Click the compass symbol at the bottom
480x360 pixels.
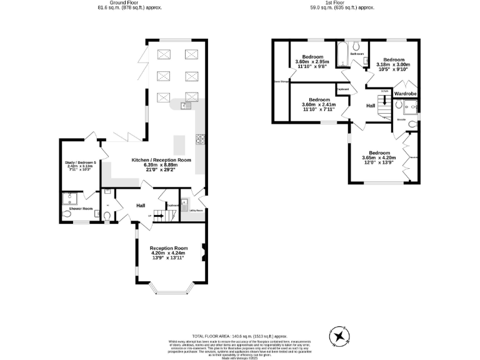pos(339,336)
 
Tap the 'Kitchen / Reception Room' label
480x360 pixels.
pos(161,160)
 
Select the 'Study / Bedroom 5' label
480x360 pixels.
pos(79,163)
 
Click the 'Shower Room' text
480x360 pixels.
pos(81,208)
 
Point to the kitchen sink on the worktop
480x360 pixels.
pos(186,106)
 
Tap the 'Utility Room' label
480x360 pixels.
pos(195,210)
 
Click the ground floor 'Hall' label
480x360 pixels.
pos(141,205)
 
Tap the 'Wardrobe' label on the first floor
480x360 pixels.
pos(405,94)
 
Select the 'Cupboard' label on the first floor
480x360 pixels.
pos(342,89)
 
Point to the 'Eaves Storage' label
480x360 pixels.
pos(281,81)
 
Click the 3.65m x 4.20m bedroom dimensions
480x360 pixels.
pos(379,158)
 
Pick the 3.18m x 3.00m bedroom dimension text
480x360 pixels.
pos(394,64)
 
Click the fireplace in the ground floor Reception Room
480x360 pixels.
pos(202,252)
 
